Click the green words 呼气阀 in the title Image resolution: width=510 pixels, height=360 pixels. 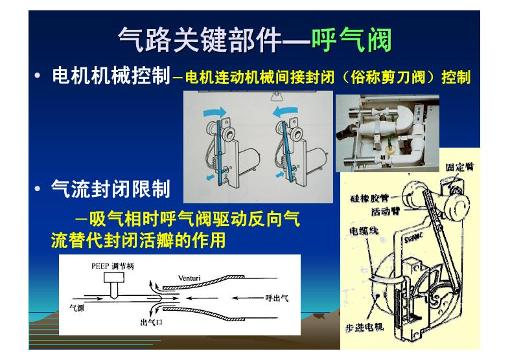(351, 39)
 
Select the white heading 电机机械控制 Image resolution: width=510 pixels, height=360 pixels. (111, 76)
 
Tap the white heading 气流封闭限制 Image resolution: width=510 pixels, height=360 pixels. (111, 189)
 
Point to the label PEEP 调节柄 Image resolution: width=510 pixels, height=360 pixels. (113, 266)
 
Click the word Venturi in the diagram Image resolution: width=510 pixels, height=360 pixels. (189, 278)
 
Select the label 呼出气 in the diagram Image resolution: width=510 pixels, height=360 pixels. (277, 298)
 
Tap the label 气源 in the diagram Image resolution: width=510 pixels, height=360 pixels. (76, 308)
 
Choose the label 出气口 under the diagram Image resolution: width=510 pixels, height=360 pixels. (151, 322)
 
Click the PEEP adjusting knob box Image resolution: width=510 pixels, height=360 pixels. (114, 277)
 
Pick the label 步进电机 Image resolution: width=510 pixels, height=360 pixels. (364, 326)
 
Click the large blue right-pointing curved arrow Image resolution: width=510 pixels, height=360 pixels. (214, 112)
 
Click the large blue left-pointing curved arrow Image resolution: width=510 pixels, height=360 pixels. (285, 112)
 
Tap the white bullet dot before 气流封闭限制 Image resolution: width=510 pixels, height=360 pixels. (38, 188)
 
